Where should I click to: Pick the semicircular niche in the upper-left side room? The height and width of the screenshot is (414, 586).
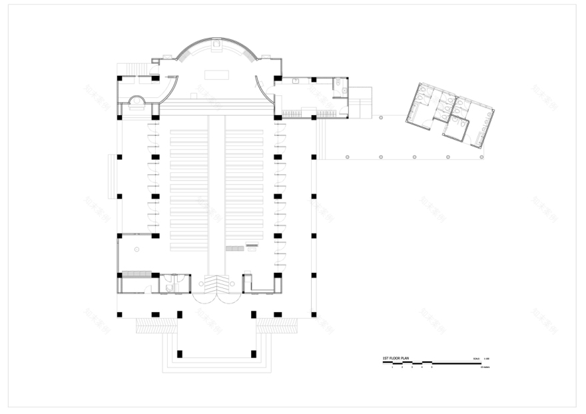pyautogui.click(x=137, y=101)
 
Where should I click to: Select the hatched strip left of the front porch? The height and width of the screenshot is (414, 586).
pyautogui.click(x=156, y=325)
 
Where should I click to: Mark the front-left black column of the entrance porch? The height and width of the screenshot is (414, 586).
pyautogui.click(x=179, y=353)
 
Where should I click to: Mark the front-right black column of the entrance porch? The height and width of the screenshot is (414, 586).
pyautogui.click(x=253, y=353)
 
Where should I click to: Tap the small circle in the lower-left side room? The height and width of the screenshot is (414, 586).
pyautogui.click(x=137, y=250)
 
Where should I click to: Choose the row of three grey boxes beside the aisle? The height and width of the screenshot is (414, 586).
pyautogui.click(x=234, y=248)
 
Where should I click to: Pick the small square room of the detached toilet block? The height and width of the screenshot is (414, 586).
pyautogui.click(x=456, y=128)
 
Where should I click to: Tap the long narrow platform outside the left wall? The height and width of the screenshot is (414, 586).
pyautogui.click(x=112, y=176)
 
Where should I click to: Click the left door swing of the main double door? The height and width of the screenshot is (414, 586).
pyautogui.click(x=202, y=298)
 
